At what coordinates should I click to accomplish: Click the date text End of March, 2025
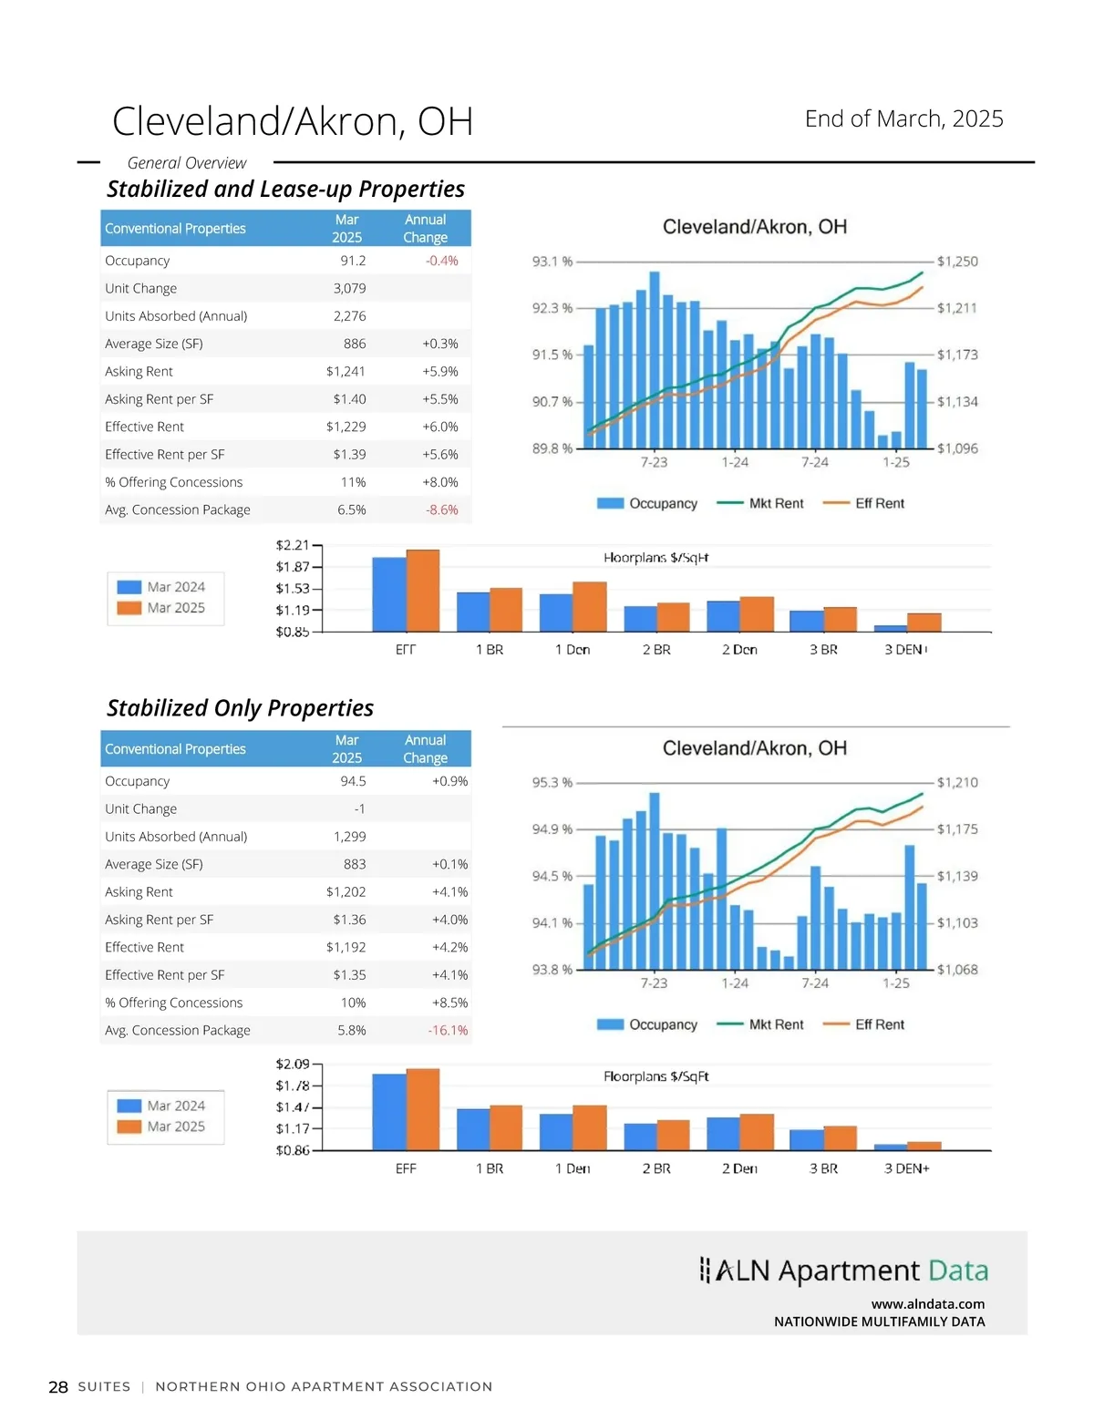coord(903,118)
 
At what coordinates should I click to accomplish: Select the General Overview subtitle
coord(187,163)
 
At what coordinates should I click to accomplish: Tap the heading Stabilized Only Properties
coord(240,708)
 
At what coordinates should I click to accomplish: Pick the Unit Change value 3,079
coord(349,288)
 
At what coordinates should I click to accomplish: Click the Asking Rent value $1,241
coord(346,371)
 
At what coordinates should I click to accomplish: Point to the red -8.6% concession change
coord(442,509)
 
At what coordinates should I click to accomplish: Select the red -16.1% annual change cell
coord(448,1030)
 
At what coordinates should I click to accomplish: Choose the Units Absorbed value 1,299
coord(349,836)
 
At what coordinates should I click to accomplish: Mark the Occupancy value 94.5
coord(353,781)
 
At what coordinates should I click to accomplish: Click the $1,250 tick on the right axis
coord(957,262)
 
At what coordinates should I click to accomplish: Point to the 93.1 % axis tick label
coord(552,262)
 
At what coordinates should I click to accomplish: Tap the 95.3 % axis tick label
coord(552,783)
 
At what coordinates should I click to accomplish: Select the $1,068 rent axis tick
coord(957,970)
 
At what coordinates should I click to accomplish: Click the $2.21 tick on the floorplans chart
coord(293,545)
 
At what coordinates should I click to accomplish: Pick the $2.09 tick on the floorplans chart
coord(293,1064)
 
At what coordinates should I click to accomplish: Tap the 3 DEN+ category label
coord(906,1168)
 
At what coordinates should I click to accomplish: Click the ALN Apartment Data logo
coord(844,1271)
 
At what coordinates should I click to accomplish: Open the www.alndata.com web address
coord(927,1304)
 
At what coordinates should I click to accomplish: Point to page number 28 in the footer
coord(58,1387)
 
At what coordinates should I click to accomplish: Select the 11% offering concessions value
coord(353,482)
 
